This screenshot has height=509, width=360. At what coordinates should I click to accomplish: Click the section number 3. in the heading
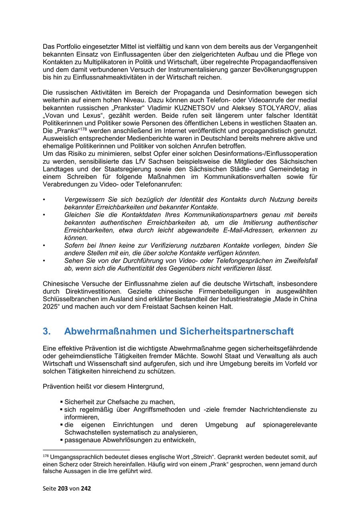click(x=46, y=331)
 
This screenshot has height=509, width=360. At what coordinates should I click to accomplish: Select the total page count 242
click(x=86, y=488)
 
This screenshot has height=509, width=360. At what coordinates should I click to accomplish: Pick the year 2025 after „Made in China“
click(x=51, y=307)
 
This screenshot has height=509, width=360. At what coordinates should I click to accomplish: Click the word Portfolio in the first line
click(x=68, y=47)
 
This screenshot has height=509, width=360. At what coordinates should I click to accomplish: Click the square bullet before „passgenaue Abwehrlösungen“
click(x=62, y=440)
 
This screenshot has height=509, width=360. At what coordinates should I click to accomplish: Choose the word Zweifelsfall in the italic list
click(x=300, y=261)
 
